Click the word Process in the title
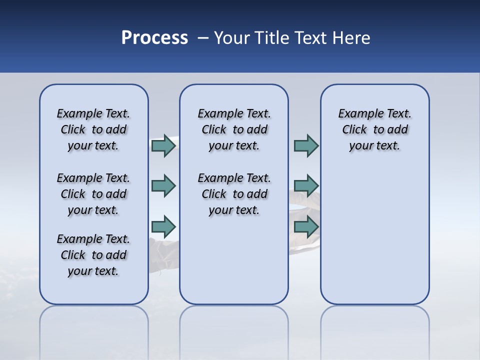(x=154, y=38)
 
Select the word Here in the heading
(x=352, y=38)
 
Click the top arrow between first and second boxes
(x=163, y=145)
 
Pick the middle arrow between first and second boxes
(x=163, y=186)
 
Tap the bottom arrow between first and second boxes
(x=163, y=226)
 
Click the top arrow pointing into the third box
(x=306, y=145)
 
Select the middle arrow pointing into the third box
(x=306, y=186)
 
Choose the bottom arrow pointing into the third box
(x=306, y=226)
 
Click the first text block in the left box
(x=93, y=129)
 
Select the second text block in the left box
(x=93, y=194)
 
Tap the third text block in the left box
(x=93, y=255)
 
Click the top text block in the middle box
(x=234, y=129)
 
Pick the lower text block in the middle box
(x=234, y=194)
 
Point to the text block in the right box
(x=374, y=129)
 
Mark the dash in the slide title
(x=203, y=38)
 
